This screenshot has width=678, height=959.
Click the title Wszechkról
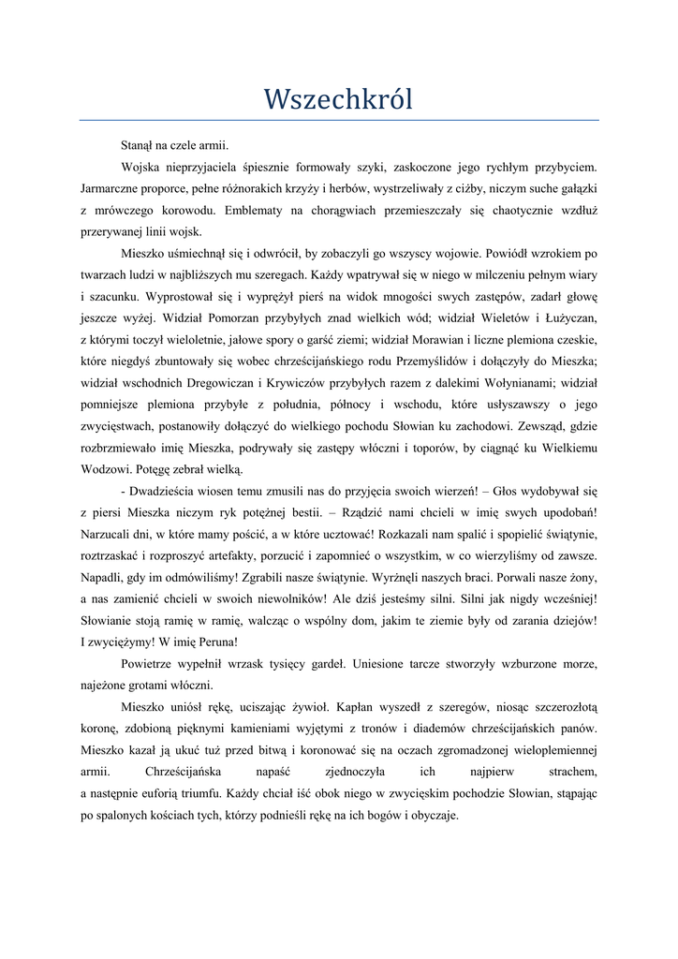tap(338, 98)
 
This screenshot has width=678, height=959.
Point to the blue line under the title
tap(338, 120)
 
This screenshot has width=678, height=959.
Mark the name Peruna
tap(216, 642)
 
